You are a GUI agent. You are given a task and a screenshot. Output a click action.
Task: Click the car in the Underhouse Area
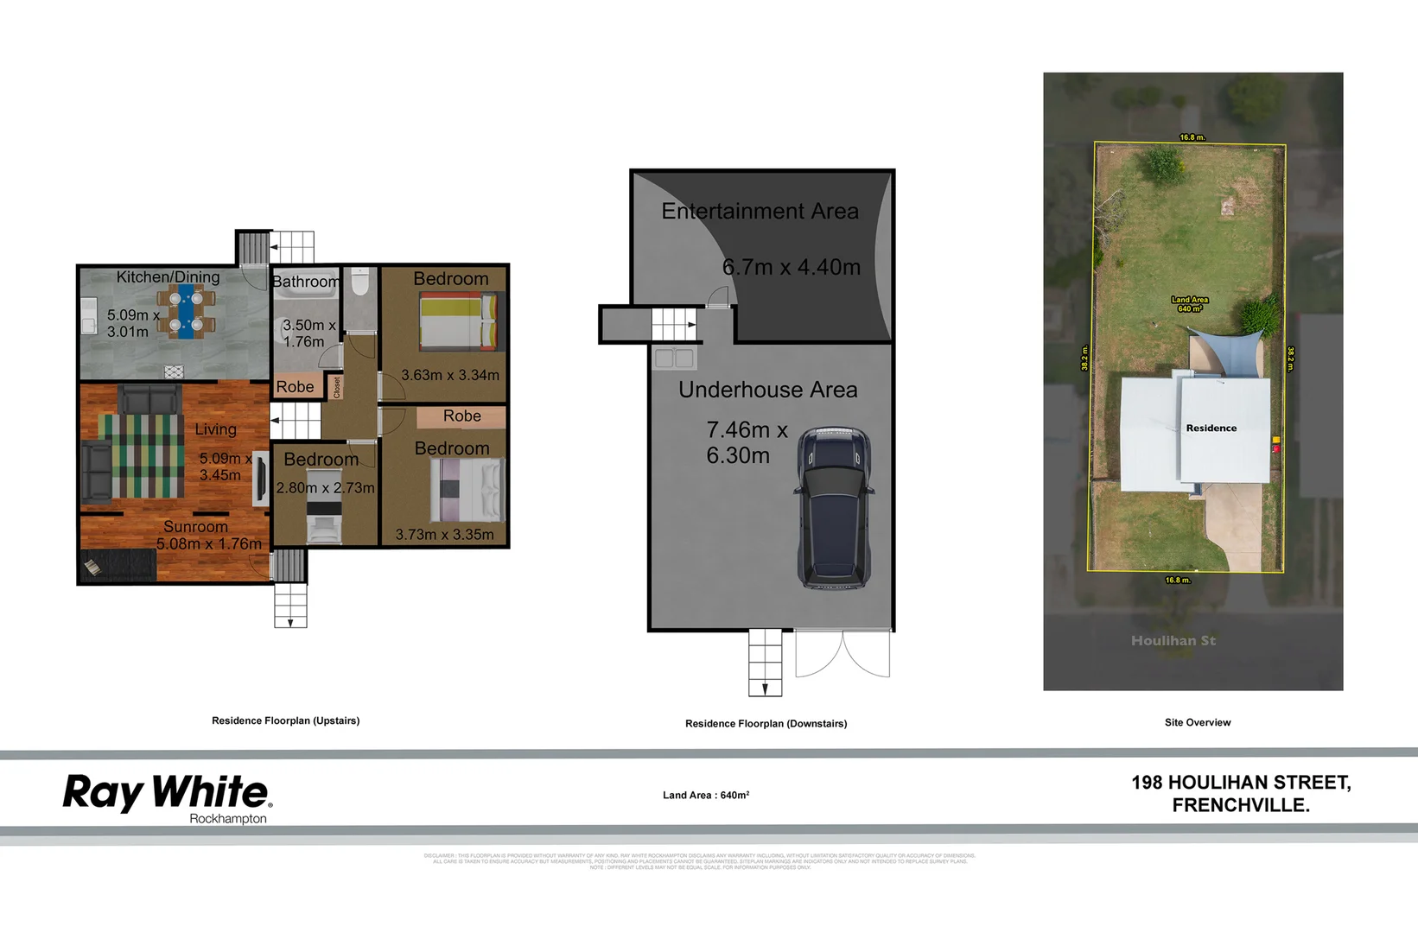(834, 507)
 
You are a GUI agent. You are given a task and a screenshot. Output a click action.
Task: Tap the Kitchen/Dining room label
(168, 277)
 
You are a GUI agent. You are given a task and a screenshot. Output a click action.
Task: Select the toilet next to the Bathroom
(360, 282)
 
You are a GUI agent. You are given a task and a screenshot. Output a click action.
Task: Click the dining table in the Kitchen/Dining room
(186, 312)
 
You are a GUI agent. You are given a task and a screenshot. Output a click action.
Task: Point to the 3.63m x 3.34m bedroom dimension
(450, 375)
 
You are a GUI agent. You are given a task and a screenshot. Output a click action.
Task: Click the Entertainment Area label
(760, 212)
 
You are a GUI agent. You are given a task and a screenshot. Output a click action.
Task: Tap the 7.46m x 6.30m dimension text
(746, 442)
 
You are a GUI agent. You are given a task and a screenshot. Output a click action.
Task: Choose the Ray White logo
(166, 792)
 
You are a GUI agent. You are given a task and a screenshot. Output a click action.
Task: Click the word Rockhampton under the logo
(228, 819)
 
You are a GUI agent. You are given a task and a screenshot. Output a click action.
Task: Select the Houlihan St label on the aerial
(1173, 640)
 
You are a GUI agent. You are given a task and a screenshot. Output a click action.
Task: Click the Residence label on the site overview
(1211, 428)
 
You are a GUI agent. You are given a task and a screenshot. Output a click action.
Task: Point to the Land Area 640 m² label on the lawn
(1190, 304)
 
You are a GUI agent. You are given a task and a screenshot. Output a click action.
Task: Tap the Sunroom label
(195, 527)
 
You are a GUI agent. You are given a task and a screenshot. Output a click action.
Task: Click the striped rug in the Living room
(141, 455)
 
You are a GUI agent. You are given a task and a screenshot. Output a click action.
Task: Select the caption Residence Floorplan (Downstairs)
(766, 724)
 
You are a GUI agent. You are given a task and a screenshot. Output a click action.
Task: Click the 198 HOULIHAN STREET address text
(1241, 783)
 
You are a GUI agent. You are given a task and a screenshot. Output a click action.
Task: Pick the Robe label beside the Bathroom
(295, 387)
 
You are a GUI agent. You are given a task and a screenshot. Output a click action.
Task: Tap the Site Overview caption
(1197, 722)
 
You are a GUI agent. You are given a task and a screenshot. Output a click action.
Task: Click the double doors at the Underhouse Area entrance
(843, 654)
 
